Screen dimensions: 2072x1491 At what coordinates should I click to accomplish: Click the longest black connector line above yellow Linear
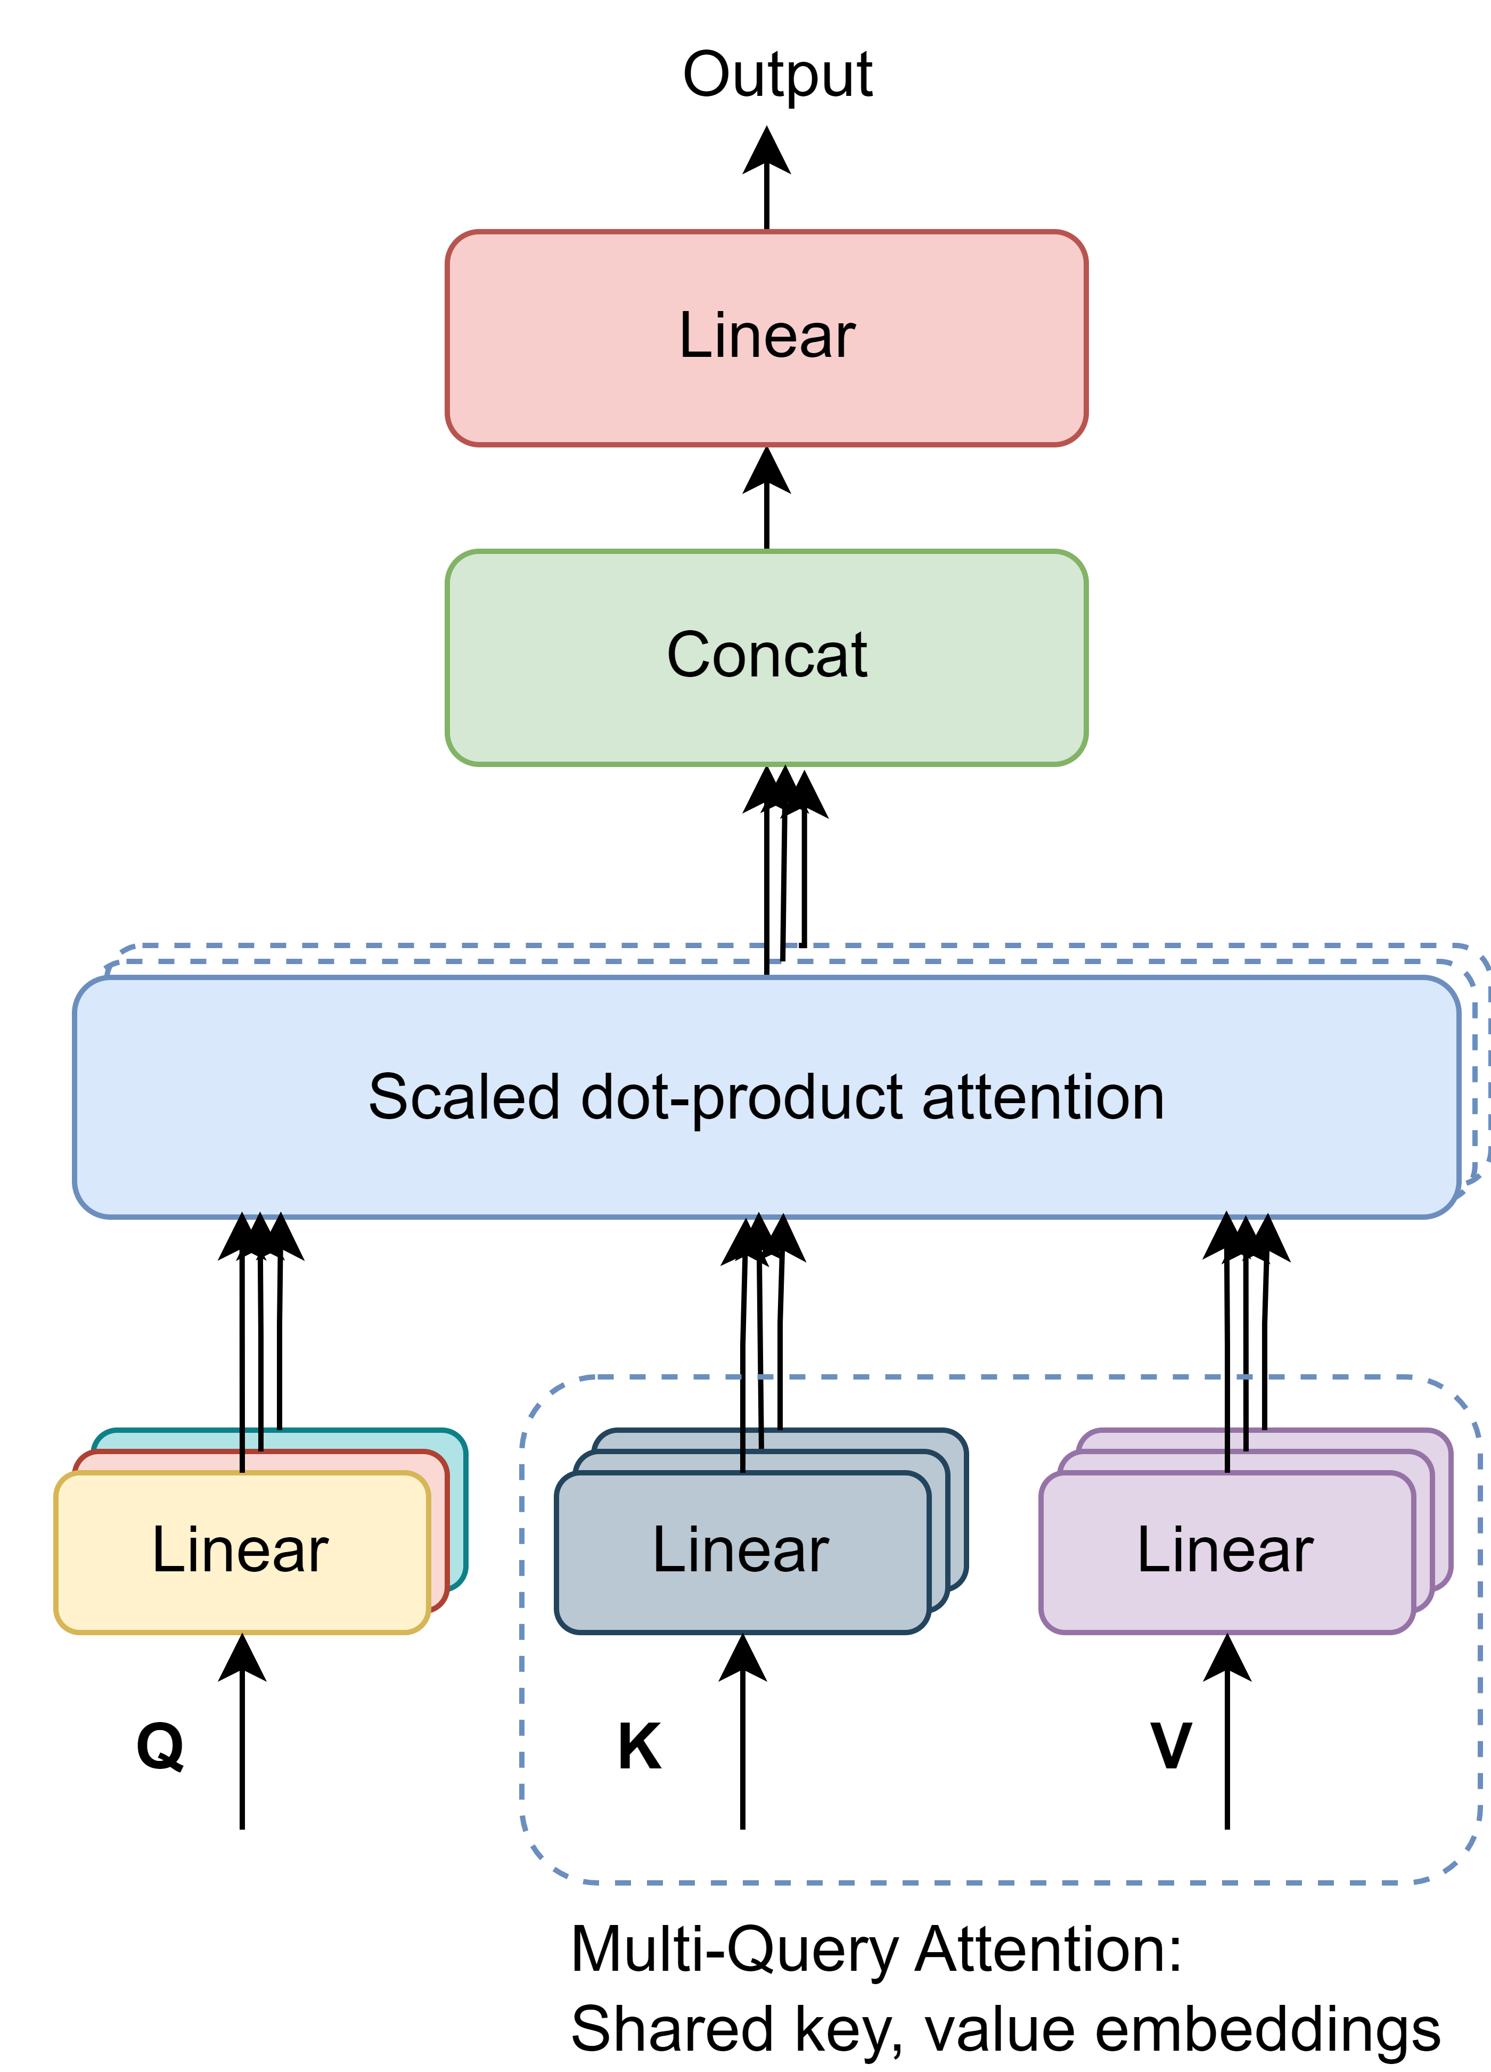[x=242, y=1449]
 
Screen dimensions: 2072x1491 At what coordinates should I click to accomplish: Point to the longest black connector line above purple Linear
[x=1227, y=1449]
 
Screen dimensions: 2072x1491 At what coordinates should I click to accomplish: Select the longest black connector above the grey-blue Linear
[x=743, y=1449]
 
